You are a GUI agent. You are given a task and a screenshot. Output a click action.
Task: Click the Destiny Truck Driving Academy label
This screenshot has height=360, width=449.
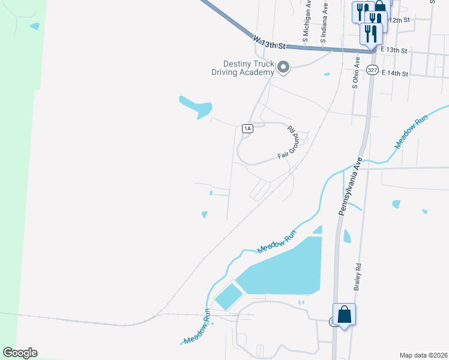249,68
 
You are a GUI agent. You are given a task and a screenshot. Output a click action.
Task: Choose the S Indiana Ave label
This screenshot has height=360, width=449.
324,24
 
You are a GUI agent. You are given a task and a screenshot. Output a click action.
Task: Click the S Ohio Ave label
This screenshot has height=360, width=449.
356,73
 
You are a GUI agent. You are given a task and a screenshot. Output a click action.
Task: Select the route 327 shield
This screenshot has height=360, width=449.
373,70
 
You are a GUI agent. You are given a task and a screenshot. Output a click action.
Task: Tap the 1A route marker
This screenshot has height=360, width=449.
247,128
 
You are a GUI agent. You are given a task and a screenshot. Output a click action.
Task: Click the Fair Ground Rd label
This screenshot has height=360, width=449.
289,143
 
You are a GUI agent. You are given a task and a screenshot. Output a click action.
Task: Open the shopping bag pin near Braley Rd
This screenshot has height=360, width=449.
344,314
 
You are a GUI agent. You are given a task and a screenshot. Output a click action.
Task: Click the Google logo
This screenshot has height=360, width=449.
20,352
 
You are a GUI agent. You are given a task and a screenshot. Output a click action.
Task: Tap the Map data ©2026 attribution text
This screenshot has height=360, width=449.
423,355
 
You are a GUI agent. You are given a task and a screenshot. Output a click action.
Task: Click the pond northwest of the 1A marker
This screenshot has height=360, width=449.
196,106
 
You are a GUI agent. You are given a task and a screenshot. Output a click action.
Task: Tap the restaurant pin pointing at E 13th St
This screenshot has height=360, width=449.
371,33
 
